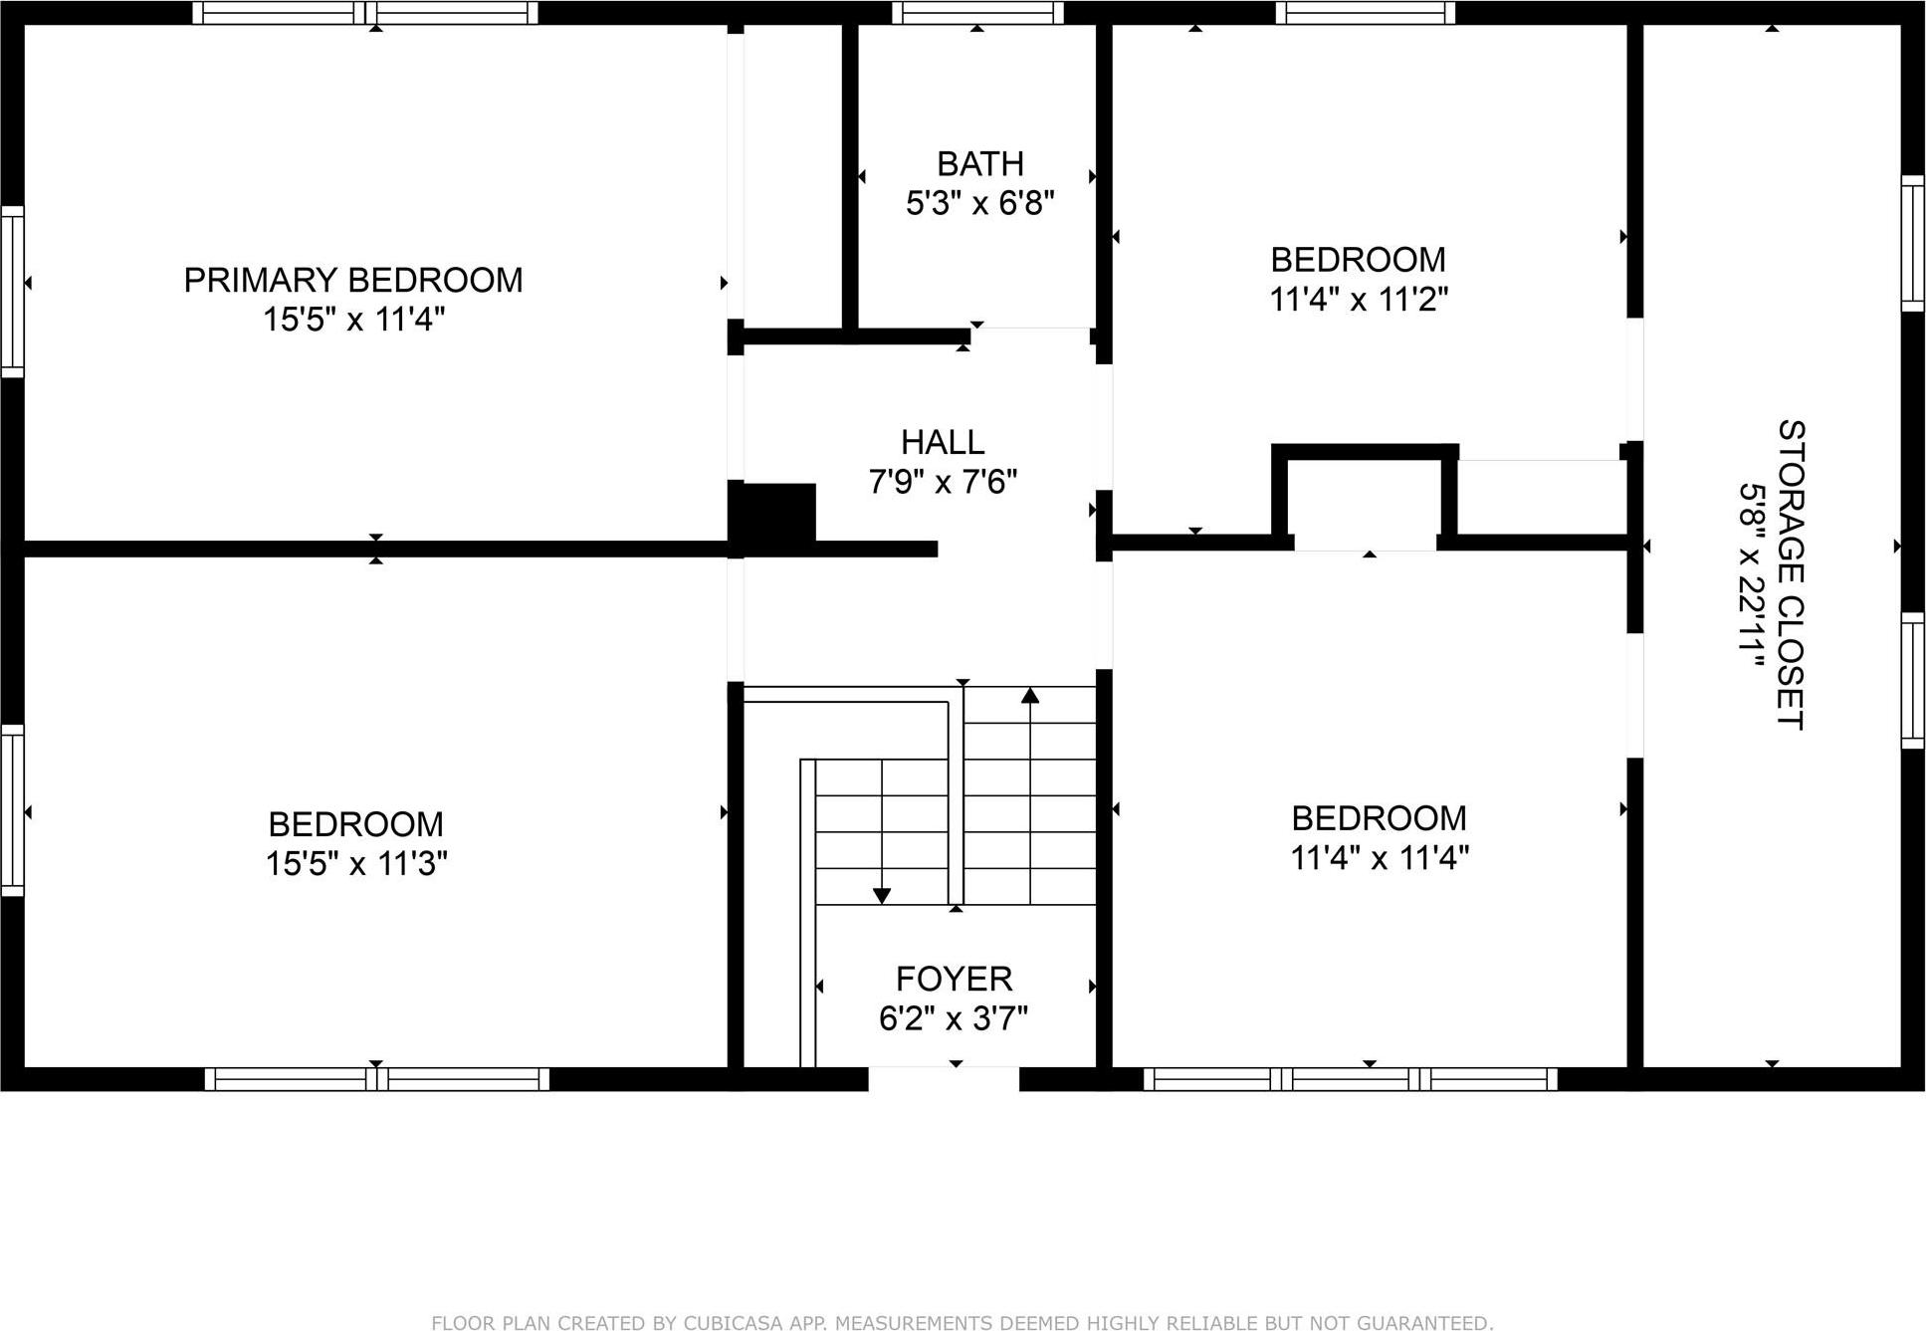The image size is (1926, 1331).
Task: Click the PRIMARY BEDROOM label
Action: coord(353,280)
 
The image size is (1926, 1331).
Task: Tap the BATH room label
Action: coord(979,163)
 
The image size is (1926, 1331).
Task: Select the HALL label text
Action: coord(943,442)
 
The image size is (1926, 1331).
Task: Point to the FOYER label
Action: coord(954,979)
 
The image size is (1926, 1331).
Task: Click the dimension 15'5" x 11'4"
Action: coord(353,320)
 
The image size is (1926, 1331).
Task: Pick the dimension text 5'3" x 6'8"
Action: coord(979,203)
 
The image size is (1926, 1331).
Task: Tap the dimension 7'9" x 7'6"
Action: coord(943,482)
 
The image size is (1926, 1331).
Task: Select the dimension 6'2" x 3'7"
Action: coord(954,1018)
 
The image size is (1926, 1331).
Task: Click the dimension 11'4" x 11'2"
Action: coord(1358,299)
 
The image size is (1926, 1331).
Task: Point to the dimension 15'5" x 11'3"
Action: coord(355,863)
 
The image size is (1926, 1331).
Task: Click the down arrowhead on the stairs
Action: coord(881,896)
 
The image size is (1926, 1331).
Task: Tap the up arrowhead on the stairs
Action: coord(1030,695)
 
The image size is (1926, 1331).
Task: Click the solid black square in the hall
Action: coord(777,513)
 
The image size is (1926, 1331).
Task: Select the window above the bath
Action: coord(977,13)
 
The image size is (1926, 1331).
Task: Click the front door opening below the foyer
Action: coord(944,1078)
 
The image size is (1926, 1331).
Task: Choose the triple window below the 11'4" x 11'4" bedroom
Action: coord(1350,1079)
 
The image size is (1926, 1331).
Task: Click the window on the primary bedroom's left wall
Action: coord(12,292)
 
